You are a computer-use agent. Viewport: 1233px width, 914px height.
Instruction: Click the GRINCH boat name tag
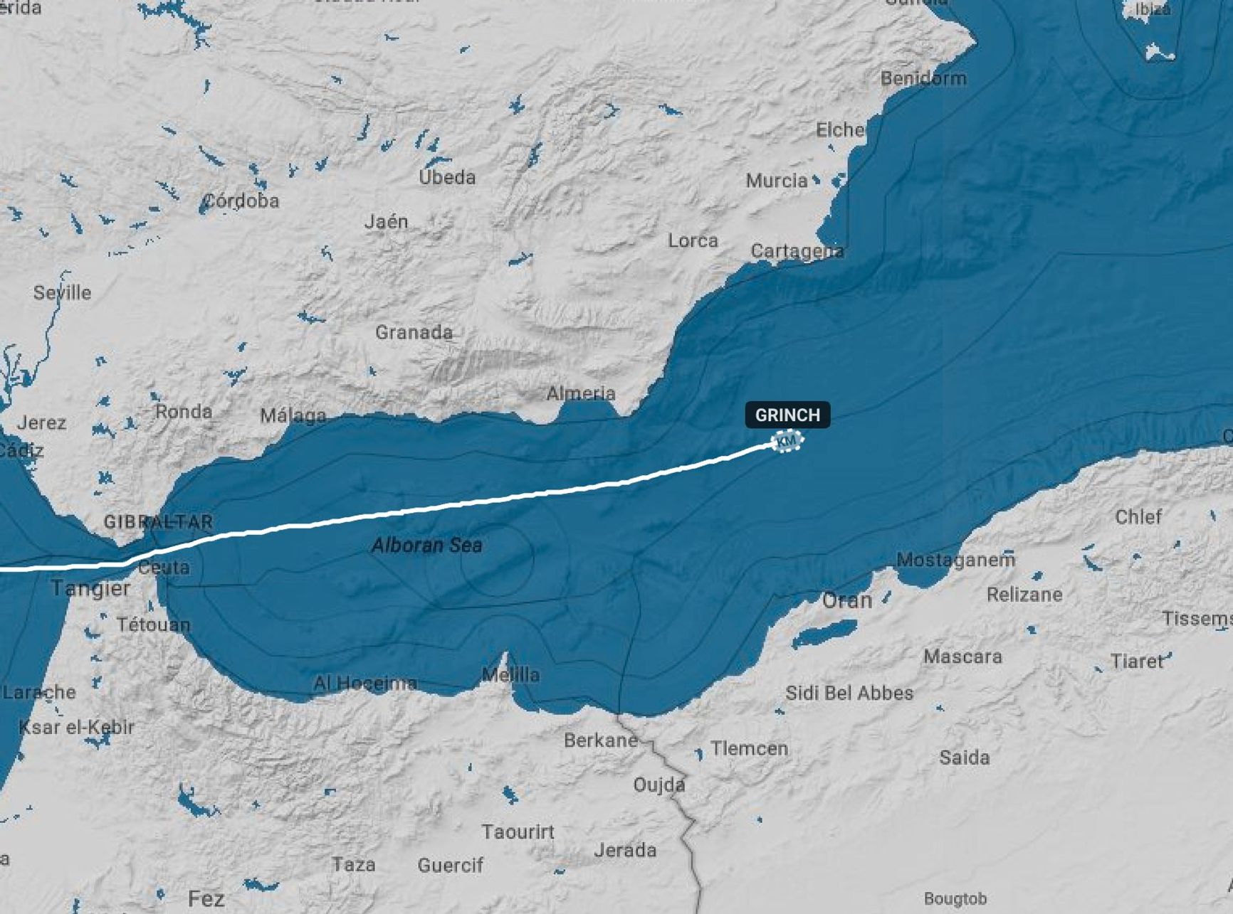click(x=787, y=415)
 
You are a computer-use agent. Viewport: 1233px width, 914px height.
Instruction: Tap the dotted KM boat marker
click(x=787, y=441)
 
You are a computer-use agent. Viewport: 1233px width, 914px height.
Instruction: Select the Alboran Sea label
click(x=427, y=546)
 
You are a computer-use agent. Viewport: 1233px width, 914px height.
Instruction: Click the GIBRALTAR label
click(x=158, y=521)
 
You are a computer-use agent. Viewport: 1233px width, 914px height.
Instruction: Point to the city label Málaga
click(x=293, y=415)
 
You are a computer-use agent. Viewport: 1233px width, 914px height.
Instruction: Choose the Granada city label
click(x=414, y=332)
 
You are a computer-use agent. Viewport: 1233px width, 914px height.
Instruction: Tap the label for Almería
click(x=581, y=393)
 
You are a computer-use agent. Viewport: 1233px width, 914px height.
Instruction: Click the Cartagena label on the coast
click(x=797, y=251)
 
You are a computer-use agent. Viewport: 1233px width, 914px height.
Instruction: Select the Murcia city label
click(x=777, y=181)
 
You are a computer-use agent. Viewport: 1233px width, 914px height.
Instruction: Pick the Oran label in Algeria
click(x=846, y=600)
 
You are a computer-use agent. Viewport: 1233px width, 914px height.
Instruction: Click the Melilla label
click(x=510, y=674)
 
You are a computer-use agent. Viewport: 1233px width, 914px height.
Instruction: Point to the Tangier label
click(x=90, y=588)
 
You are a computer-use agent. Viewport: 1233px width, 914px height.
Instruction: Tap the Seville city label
click(x=63, y=292)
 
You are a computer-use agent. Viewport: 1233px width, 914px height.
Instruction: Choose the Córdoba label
click(x=241, y=201)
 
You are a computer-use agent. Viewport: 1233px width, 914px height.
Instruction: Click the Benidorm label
click(x=923, y=78)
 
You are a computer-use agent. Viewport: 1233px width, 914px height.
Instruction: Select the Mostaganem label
click(x=955, y=560)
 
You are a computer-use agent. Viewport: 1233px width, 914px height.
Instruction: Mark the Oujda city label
click(x=659, y=785)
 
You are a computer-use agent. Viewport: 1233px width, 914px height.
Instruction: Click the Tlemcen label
click(x=749, y=748)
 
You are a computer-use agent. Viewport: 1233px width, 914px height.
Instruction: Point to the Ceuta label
click(x=164, y=568)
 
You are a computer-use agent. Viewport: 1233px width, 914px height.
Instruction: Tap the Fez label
click(x=206, y=898)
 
